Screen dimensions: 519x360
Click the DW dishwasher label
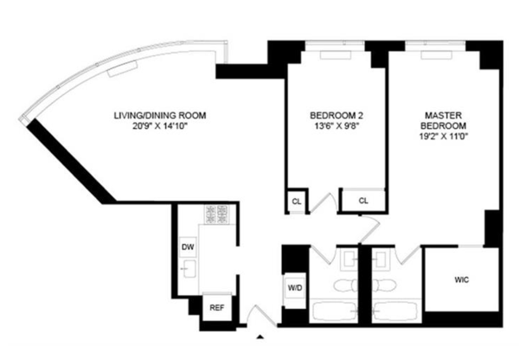coord(188,247)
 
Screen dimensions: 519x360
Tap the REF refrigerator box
coord(217,308)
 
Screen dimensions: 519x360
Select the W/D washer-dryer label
coord(295,288)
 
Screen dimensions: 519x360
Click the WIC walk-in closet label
coord(462,280)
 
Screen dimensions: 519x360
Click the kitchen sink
coord(189,268)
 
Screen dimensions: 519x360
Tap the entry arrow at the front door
coord(260,337)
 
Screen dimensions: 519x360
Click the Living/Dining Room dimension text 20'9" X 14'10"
coord(160,125)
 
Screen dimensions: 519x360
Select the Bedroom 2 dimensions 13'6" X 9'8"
coord(336,125)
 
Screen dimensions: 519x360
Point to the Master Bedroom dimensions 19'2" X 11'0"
coord(443,136)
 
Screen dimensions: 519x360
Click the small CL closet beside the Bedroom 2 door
coord(297,202)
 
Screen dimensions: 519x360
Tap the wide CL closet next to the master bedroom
coord(363,201)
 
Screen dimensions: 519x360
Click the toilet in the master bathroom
coord(384,286)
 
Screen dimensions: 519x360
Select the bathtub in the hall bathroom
coord(334,311)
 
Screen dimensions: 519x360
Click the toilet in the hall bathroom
coord(345,286)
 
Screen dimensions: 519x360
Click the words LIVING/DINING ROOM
coord(160,116)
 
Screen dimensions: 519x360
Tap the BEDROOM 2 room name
coord(336,116)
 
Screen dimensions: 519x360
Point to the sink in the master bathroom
coord(381,259)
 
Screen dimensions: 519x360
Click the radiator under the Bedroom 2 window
coord(336,55)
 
